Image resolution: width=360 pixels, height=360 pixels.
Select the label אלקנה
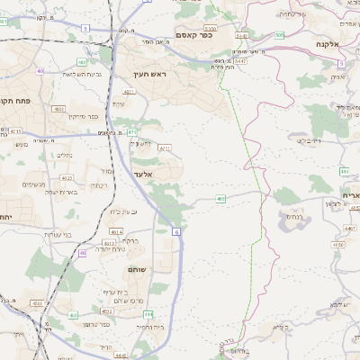point(328,42)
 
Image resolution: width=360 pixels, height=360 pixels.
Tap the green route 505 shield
point(280,34)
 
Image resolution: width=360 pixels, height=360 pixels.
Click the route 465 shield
point(220,198)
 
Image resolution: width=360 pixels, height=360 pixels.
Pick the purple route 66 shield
point(83,253)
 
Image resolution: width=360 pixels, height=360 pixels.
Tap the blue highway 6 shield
point(177,232)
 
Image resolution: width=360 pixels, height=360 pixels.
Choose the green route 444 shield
point(148,313)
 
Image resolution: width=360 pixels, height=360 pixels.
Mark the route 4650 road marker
point(336,244)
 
